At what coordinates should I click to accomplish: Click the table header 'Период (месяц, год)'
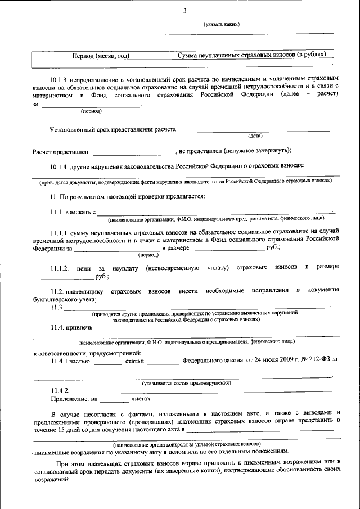(101, 56)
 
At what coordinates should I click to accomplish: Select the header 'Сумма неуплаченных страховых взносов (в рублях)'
(251, 55)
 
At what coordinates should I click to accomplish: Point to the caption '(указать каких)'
(222, 25)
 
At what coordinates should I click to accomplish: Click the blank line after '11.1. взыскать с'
(214, 212)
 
